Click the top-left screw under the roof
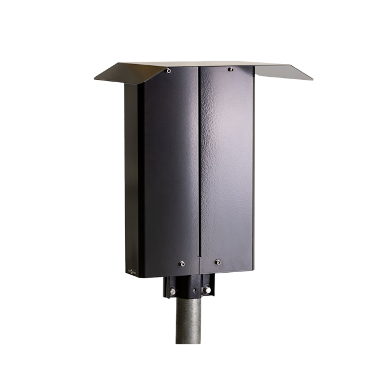[x=168, y=71]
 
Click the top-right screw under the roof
[x=230, y=70]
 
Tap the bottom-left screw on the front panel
[x=181, y=263]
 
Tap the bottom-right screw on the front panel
[x=218, y=262]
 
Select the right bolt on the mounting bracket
[x=207, y=291]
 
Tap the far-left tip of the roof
[x=95, y=78]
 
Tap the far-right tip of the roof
[x=312, y=79]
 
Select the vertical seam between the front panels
[x=199, y=169]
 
